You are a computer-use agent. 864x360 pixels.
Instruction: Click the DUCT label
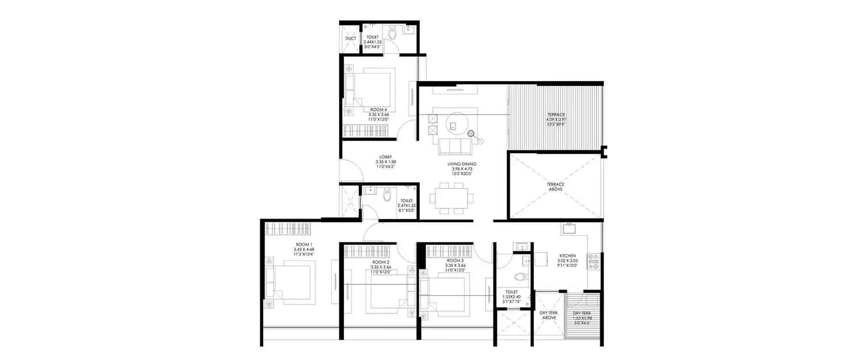pos(350,39)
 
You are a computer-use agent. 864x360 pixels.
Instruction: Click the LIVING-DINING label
pos(462,164)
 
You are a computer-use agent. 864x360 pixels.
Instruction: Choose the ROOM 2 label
pos(381,262)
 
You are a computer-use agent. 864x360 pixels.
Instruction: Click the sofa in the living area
pos(455,147)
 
